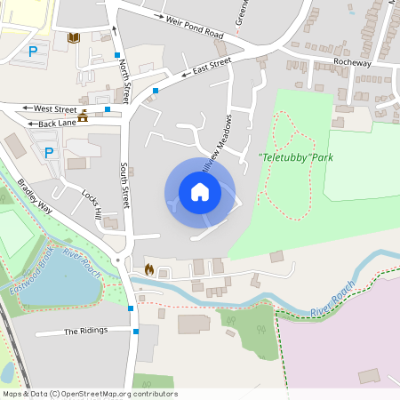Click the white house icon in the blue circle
tap(200, 191)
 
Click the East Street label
tap(212, 67)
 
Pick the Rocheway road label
tap(352, 62)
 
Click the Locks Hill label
tap(92, 203)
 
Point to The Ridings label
tap(85, 331)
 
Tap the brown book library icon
tap(74, 37)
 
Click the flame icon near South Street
tap(148, 268)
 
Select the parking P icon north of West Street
tap(34, 52)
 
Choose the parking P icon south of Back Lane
tap(49, 152)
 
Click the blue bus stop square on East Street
tap(156, 91)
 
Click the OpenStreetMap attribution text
tap(89, 394)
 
